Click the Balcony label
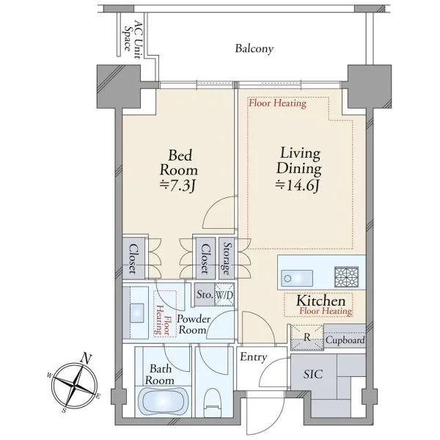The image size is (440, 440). point(254,49)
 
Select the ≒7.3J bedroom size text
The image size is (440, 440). point(177,186)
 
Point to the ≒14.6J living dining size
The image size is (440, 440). point(298,185)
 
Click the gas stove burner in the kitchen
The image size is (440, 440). point(347,276)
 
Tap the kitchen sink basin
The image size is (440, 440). point(297,278)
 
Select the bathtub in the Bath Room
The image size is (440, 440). point(164,401)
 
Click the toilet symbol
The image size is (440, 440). point(213,402)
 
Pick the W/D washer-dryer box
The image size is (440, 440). point(224,295)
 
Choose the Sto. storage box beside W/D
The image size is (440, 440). point(205,295)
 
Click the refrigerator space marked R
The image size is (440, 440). point(307,337)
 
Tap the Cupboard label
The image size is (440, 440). point(345,340)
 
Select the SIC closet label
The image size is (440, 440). point(313,374)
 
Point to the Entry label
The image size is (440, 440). point(254,357)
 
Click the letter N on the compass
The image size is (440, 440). point(87,359)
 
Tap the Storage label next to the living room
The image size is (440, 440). point(227,258)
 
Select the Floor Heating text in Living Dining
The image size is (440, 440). point(277,103)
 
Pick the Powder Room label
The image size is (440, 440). point(194,324)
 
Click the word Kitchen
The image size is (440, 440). point(320,301)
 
